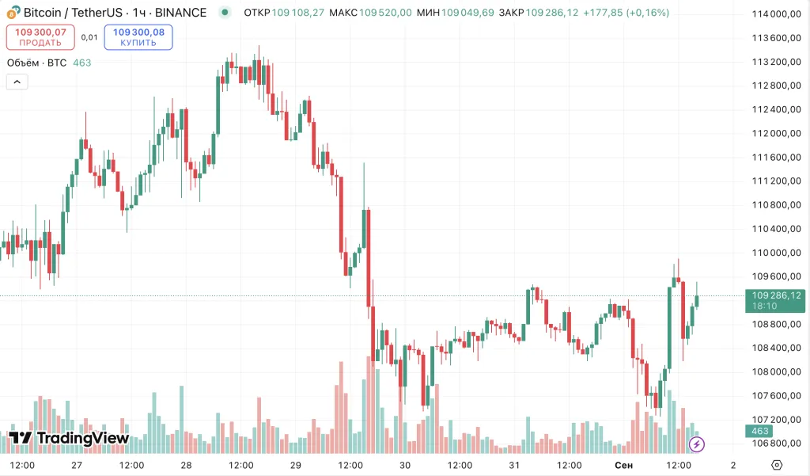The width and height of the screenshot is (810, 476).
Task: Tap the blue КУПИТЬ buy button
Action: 138,36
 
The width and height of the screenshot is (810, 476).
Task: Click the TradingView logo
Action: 69,438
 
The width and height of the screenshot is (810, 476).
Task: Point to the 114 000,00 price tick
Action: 773,14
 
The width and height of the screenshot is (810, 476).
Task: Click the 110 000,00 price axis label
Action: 773,253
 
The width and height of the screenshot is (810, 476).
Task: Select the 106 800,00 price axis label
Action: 773,444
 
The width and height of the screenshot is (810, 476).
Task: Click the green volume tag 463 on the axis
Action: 760,431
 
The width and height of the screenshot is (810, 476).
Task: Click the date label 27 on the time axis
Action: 77,465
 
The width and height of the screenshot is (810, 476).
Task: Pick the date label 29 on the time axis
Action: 296,465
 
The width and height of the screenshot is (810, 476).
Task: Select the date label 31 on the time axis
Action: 514,465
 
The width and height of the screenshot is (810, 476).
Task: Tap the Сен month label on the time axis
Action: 623,465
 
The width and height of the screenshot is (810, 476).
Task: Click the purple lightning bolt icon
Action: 697,444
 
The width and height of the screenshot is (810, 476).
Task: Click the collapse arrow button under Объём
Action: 17,82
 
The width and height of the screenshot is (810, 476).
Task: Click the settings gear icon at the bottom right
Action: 777,465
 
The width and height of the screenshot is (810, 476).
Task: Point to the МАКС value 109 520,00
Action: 389,13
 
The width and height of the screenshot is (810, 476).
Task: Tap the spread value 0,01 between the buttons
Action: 89,36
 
